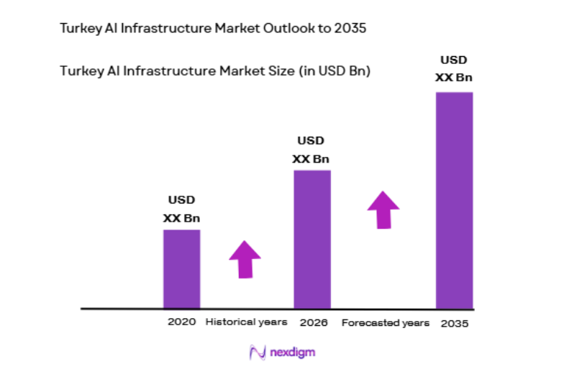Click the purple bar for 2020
tap(181, 269)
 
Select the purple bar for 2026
tap(312, 239)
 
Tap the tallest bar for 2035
tap(455, 200)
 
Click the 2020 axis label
tap(181, 322)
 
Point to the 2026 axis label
tap(314, 322)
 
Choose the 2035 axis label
tap(455, 323)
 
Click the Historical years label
tap(246, 322)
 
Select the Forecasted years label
tap(385, 322)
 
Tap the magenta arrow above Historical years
tap(245, 258)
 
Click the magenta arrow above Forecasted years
tap(383, 209)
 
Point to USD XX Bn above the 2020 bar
tap(181, 209)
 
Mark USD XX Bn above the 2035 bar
tap(455, 68)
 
